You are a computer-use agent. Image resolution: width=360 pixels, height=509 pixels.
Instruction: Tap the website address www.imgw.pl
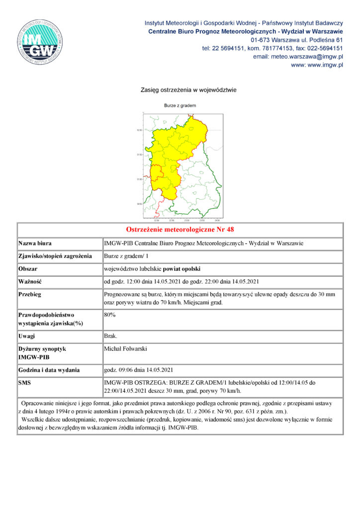[317, 65]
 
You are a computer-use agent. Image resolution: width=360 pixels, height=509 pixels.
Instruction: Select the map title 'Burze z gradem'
[180, 106]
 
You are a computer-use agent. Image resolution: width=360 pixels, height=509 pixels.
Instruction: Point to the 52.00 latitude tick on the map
[139, 130]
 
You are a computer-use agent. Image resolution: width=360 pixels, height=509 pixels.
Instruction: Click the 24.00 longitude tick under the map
[217, 220]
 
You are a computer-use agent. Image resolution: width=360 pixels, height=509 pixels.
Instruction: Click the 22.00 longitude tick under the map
[157, 220]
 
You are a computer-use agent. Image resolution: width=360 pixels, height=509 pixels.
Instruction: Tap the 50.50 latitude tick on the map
[139, 203]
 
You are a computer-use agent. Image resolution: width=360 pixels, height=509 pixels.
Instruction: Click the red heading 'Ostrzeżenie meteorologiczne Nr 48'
[180, 230]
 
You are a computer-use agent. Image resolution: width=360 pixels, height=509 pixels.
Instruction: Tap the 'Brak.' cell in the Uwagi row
[110, 337]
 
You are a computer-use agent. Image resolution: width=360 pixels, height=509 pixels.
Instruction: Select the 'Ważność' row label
[31, 282]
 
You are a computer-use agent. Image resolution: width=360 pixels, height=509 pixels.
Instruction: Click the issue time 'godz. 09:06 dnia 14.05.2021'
[138, 370]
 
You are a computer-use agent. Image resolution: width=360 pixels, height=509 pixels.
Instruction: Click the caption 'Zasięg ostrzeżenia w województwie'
[180, 90]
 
